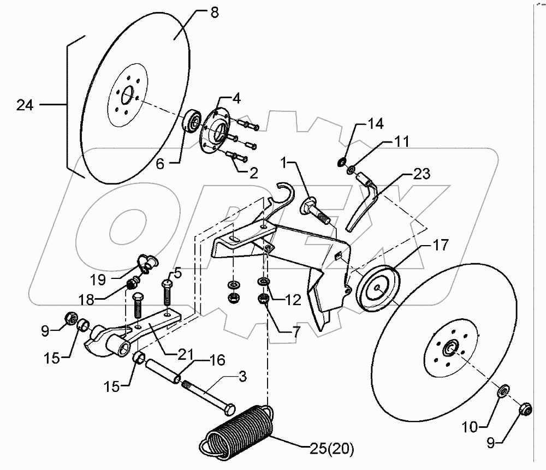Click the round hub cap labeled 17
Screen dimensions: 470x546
click(377, 290)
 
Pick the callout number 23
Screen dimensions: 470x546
click(420, 175)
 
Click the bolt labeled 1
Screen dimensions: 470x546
click(314, 210)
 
